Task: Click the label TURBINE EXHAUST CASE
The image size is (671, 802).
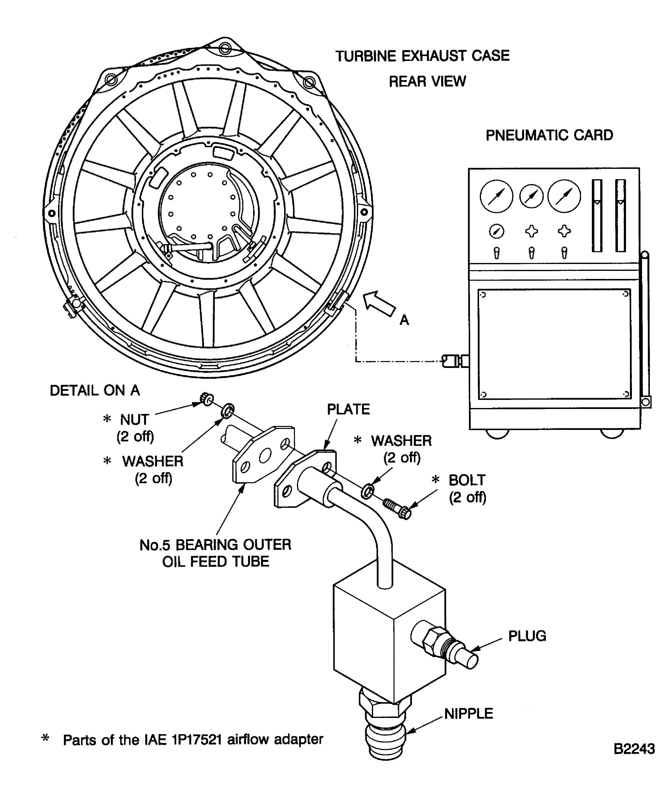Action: (422, 56)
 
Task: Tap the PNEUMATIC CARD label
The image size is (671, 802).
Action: (549, 135)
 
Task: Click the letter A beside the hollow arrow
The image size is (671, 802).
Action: (404, 320)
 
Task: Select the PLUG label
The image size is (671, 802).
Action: (527, 636)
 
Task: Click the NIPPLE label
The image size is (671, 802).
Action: (468, 714)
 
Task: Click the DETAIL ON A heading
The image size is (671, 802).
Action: (95, 390)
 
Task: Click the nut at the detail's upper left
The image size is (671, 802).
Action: (207, 399)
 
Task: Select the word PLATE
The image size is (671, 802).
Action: (348, 409)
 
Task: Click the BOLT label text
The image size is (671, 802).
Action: (467, 480)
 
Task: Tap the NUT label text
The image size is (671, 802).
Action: (134, 420)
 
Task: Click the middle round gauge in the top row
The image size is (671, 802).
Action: (531, 196)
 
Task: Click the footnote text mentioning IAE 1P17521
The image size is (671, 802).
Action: (193, 740)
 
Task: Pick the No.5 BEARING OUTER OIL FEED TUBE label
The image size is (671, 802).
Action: (215, 553)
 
